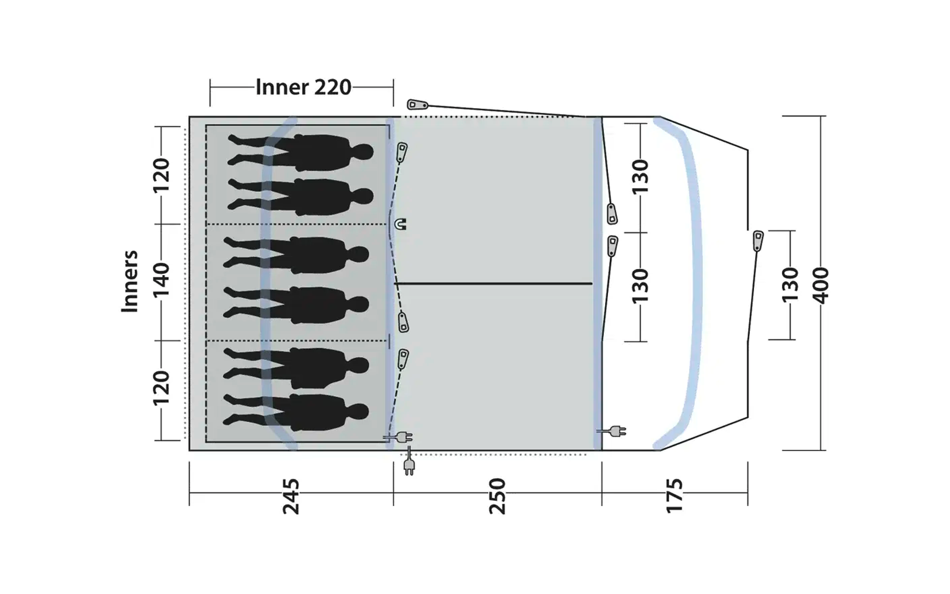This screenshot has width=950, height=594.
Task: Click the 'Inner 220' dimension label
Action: point(303,87)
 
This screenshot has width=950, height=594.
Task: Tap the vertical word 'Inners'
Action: point(129,282)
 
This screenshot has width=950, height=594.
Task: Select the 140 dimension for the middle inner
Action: point(161,280)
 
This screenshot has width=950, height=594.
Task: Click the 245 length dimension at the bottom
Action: point(290,496)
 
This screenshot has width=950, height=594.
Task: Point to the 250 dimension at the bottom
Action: point(496,496)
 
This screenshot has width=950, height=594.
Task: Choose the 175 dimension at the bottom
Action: point(674,496)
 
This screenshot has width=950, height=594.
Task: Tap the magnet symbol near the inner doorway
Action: point(401,225)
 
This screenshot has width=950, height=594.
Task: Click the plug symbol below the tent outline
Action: point(408,465)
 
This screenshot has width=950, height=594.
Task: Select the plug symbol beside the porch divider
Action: point(615,431)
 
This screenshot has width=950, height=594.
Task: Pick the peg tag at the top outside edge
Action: point(417,105)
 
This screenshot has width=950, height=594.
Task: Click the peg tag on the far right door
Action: point(758,240)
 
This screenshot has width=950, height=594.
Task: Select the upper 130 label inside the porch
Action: point(639,176)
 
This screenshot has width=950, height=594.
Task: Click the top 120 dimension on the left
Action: point(161,175)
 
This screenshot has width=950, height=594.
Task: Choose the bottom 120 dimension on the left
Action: point(161,388)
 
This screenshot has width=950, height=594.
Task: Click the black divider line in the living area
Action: point(493,284)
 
